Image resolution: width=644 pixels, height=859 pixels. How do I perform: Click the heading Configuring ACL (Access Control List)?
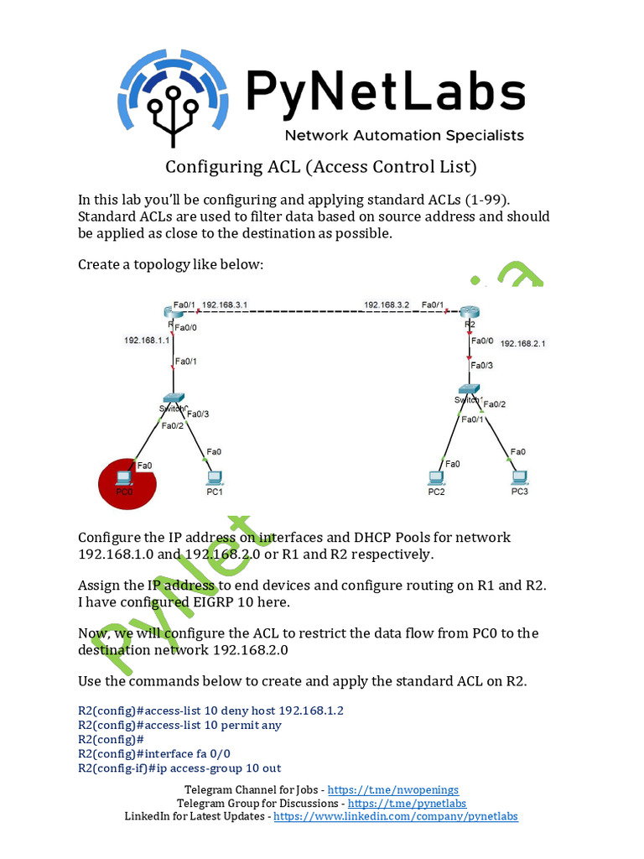[321, 166]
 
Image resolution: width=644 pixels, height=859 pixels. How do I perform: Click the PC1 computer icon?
[215, 477]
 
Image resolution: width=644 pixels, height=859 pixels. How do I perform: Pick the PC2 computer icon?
[436, 477]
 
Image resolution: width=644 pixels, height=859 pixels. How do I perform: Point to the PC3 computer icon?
[520, 477]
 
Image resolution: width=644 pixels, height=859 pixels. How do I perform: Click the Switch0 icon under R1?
[174, 398]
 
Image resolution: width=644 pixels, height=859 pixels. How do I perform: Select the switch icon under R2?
[470, 390]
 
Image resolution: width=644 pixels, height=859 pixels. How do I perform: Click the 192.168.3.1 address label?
[225, 305]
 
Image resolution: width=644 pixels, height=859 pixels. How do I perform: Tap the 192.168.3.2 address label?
[387, 305]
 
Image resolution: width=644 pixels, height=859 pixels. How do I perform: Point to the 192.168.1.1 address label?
[147, 341]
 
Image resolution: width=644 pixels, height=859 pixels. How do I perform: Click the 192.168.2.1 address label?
[523, 343]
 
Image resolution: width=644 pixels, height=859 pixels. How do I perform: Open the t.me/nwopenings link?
[392, 790]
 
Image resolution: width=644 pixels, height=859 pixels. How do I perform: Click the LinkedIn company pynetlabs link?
[396, 816]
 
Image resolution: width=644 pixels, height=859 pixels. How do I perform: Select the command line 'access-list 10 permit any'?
[179, 725]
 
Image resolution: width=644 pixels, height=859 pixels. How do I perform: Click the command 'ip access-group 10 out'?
[179, 768]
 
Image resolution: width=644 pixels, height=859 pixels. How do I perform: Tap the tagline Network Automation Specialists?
[404, 135]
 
